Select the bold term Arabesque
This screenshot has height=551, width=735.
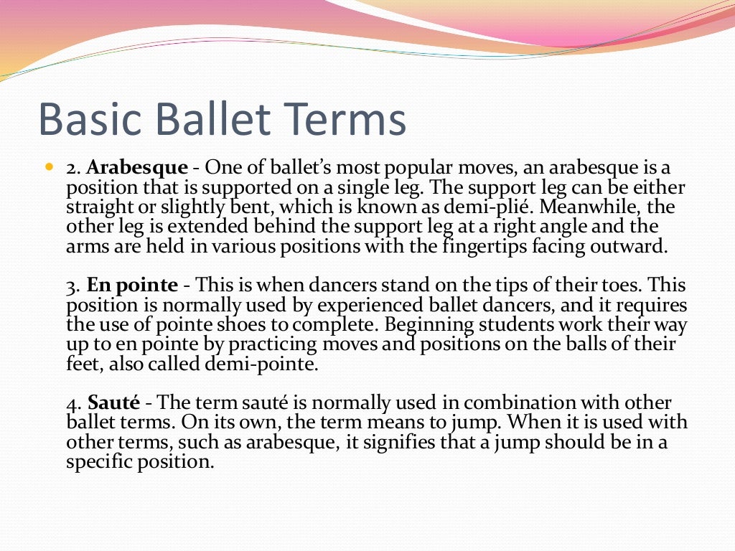tap(137, 168)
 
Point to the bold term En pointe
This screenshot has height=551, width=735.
tap(132, 286)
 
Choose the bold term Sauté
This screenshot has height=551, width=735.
tap(113, 403)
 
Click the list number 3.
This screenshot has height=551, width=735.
tap(72, 286)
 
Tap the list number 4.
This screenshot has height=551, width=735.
tap(72, 404)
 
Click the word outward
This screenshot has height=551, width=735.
tap(632, 248)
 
